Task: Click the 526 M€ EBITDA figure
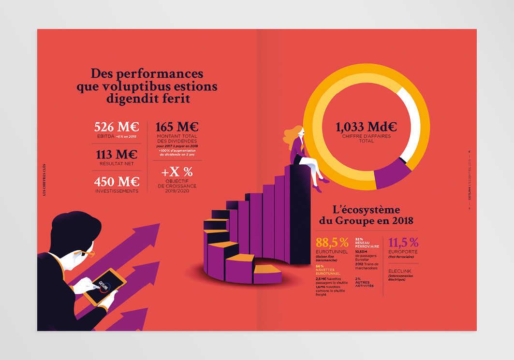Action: pyautogui.click(x=117, y=127)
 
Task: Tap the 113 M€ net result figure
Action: pyautogui.click(x=117, y=155)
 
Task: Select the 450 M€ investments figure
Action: pyautogui.click(x=117, y=182)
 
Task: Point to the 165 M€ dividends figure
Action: pyautogui.click(x=177, y=127)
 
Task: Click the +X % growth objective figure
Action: pyautogui.click(x=177, y=172)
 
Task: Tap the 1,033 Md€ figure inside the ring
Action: pyautogui.click(x=366, y=127)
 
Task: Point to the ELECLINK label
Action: pyautogui.click(x=399, y=271)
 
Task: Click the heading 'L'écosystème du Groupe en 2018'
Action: pyautogui.click(x=366, y=215)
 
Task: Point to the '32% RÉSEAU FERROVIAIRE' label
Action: pyautogui.click(x=367, y=243)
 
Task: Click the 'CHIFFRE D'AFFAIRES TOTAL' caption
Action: pyautogui.click(x=366, y=139)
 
